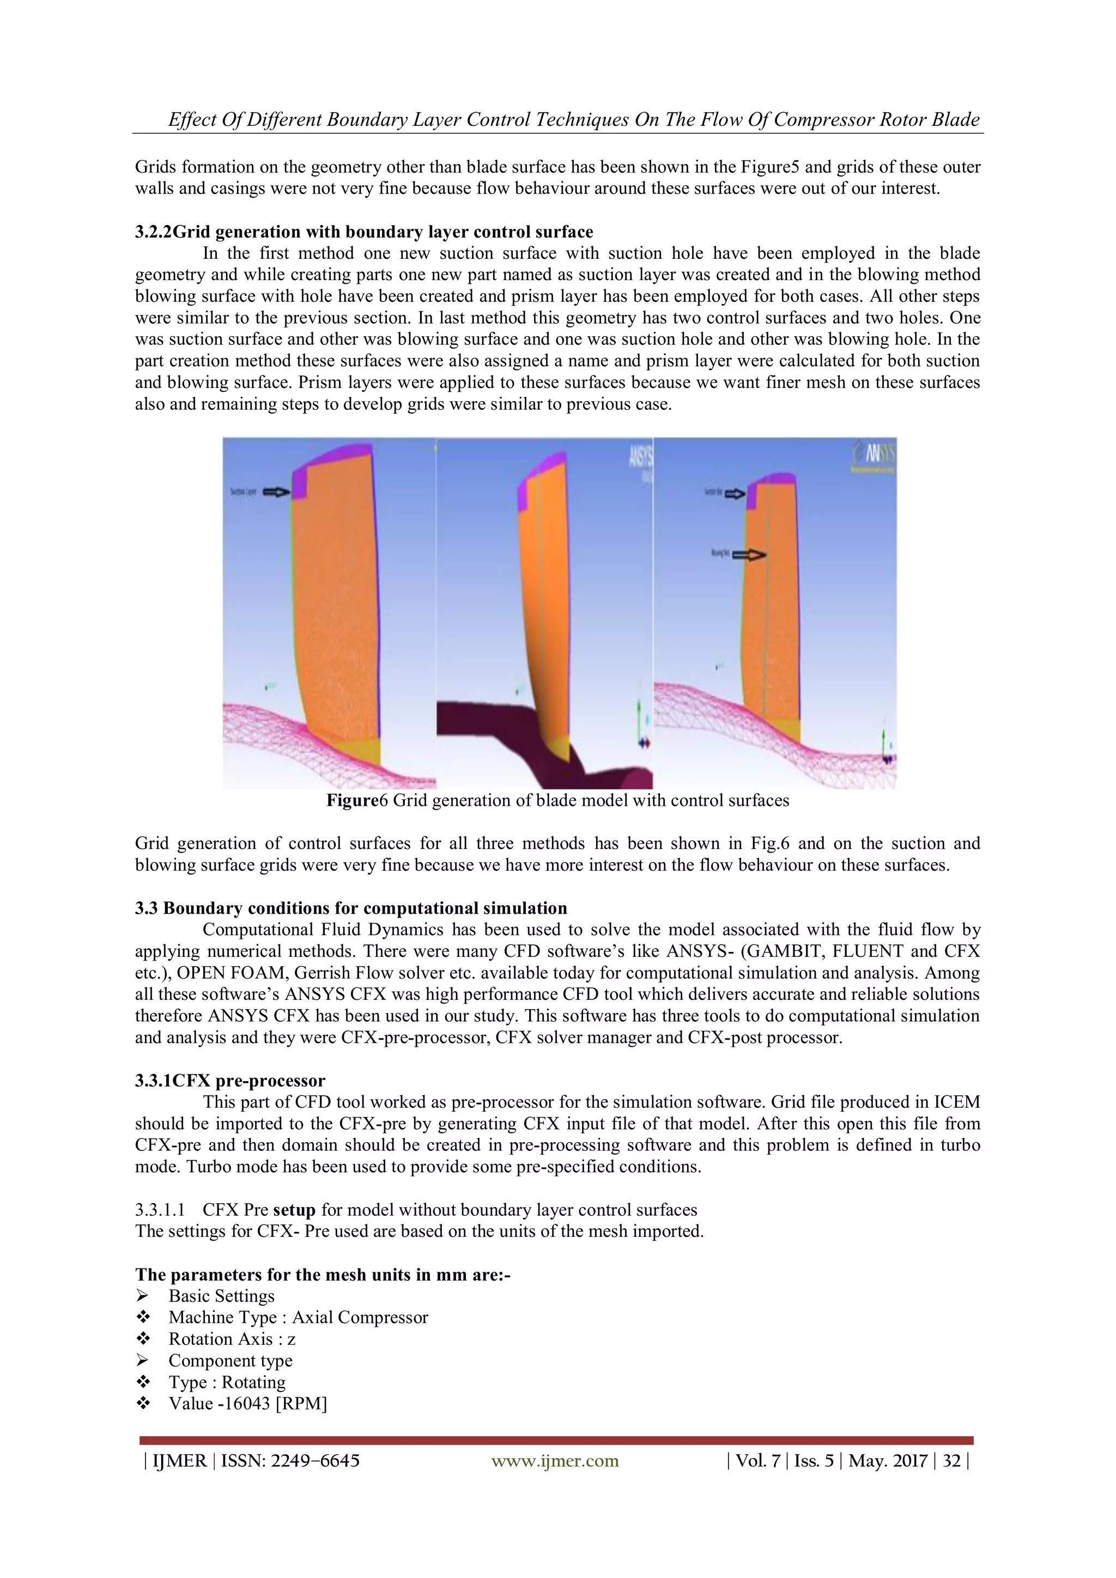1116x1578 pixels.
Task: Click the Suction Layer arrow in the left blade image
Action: pyautogui.click(x=277, y=492)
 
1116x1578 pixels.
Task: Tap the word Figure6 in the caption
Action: pyautogui.click(x=357, y=800)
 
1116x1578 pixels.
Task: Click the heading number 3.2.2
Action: pyautogui.click(x=153, y=232)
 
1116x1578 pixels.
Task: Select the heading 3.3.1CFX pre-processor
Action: pyautogui.click(x=230, y=1081)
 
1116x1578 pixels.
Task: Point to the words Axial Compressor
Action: pyautogui.click(x=360, y=1318)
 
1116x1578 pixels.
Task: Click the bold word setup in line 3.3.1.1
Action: pyautogui.click(x=293, y=1210)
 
